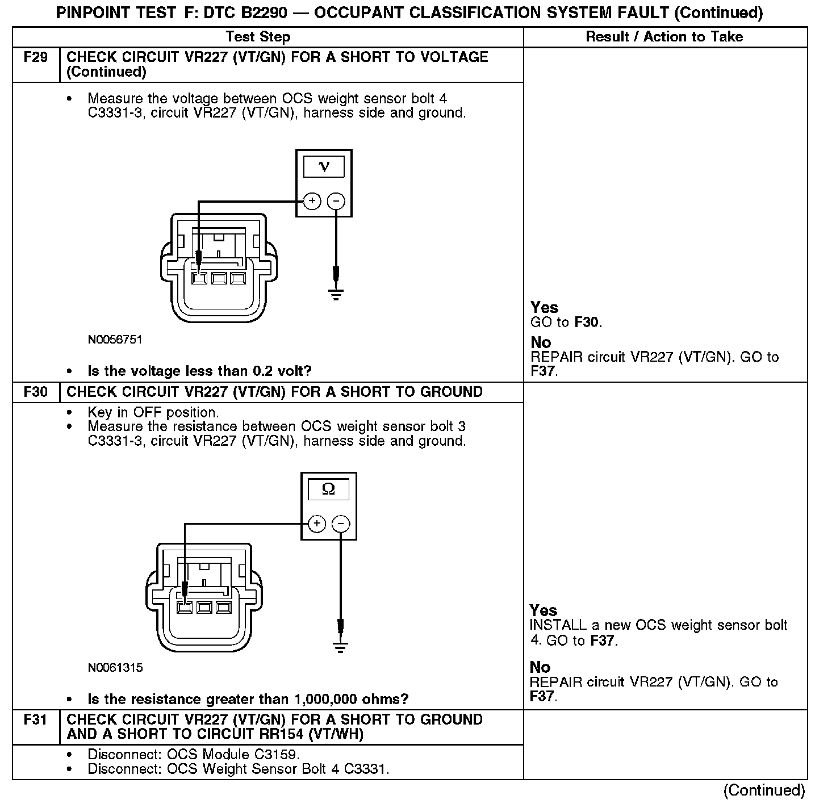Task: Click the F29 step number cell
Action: tap(35, 57)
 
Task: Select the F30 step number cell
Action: tap(35, 392)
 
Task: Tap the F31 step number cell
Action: tap(35, 720)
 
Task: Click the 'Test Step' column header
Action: tap(258, 37)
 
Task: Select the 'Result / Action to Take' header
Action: tap(664, 37)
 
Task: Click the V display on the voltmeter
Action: tap(324, 167)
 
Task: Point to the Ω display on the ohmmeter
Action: tap(328, 489)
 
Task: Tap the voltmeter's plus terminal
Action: tap(312, 201)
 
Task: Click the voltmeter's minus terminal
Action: tap(336, 201)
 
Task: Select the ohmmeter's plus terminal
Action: tap(317, 524)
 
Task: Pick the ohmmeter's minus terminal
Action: tap(341, 524)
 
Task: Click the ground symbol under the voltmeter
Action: tap(336, 294)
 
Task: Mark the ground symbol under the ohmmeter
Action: tap(341, 647)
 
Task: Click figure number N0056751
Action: tap(115, 340)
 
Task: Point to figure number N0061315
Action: tap(115, 668)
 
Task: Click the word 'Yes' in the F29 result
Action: tap(544, 307)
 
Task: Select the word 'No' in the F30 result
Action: tap(540, 667)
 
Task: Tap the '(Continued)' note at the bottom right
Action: tap(764, 790)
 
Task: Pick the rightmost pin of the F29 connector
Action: tap(237, 279)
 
